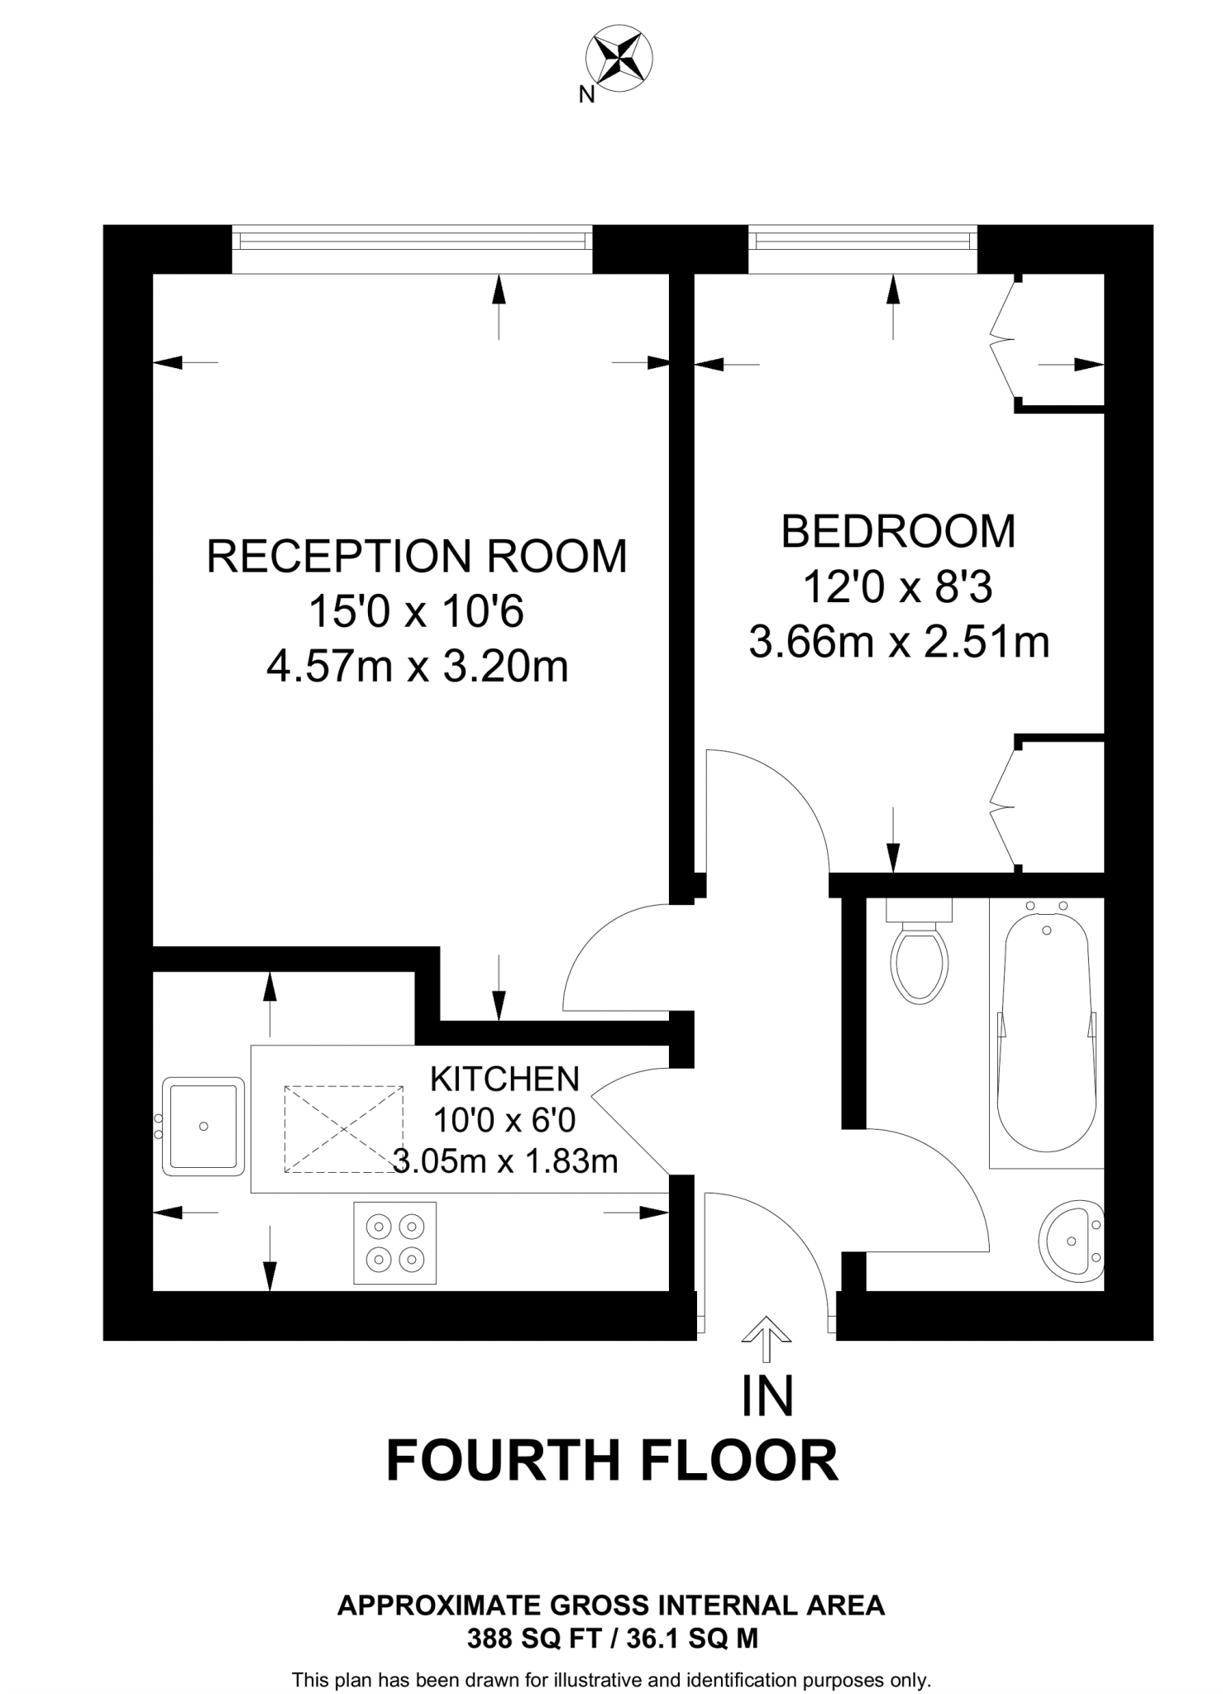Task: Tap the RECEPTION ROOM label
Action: [417, 556]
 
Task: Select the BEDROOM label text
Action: [898, 531]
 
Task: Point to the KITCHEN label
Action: [504, 1079]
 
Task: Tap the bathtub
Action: [1047, 1034]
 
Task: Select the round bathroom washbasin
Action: [1071, 1242]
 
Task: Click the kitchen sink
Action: [203, 1126]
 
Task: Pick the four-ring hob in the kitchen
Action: [394, 1242]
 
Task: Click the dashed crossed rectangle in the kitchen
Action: [343, 1129]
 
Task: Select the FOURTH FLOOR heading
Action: [612, 1461]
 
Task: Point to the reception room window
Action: [413, 241]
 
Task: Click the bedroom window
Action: [862, 241]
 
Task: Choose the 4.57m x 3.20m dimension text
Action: [417, 665]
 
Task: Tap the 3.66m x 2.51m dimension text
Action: [899, 642]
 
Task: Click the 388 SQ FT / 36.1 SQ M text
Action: [612, 1638]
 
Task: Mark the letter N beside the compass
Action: [586, 95]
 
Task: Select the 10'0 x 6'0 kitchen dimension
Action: [504, 1120]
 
